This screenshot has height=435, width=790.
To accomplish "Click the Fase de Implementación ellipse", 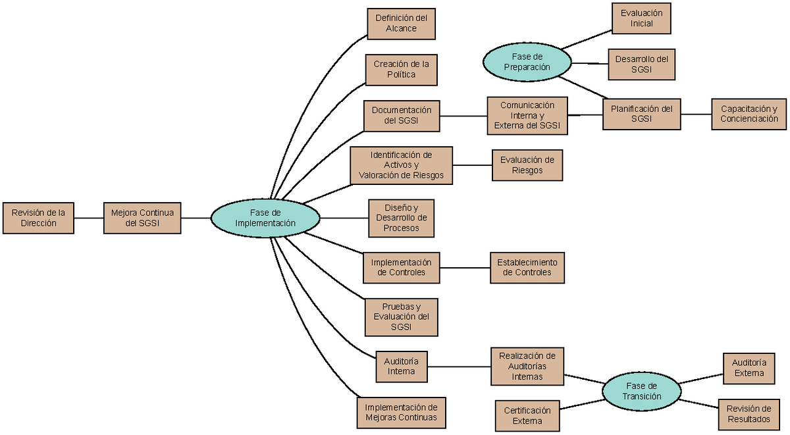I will pyautogui.click(x=265, y=218).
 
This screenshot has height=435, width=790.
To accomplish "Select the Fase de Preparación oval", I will pyautogui.click(x=526, y=62).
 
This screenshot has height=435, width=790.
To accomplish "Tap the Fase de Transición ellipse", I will pyautogui.click(x=641, y=392).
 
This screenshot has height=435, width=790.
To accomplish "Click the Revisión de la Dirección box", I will pyautogui.click(x=38, y=218).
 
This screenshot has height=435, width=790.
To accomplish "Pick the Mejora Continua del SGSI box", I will pyautogui.click(x=142, y=218).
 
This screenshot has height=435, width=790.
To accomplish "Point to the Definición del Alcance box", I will pyautogui.click(x=401, y=24).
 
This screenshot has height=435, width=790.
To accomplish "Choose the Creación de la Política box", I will pyautogui.click(x=401, y=69).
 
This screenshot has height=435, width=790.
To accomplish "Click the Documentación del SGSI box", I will pyautogui.click(x=401, y=115).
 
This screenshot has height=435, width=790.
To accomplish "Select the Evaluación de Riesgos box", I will pyautogui.click(x=527, y=165).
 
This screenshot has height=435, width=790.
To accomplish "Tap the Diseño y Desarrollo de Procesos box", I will pyautogui.click(x=401, y=218).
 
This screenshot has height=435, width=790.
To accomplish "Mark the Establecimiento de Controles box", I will pyautogui.click(x=527, y=267).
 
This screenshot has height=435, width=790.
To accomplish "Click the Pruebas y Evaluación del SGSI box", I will pyautogui.click(x=401, y=317).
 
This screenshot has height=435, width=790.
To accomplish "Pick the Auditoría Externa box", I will pyautogui.click(x=749, y=368).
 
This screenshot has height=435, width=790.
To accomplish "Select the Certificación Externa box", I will pyautogui.click(x=527, y=415).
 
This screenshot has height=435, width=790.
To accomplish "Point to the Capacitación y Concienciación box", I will pyautogui.click(x=749, y=114).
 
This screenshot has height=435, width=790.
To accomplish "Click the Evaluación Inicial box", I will pyautogui.click(x=641, y=18).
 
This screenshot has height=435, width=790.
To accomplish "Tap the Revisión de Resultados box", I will pyautogui.click(x=749, y=414).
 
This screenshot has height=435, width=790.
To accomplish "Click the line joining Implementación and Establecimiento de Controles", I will pyautogui.click(x=465, y=267).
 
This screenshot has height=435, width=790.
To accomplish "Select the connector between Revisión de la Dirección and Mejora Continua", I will pyautogui.click(x=88, y=218).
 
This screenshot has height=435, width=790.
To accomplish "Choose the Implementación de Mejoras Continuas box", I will pyautogui.click(x=401, y=412).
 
